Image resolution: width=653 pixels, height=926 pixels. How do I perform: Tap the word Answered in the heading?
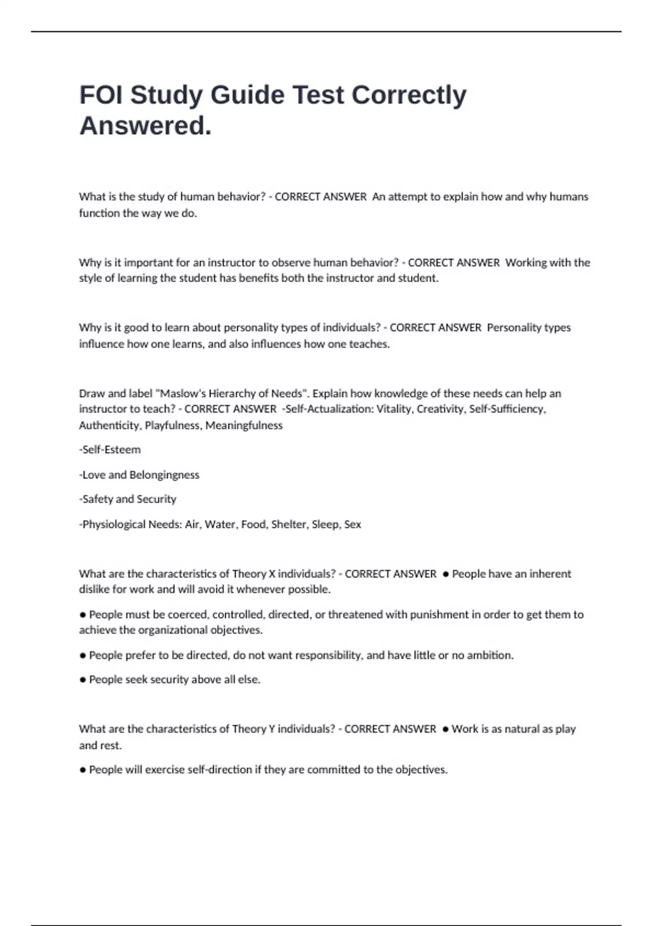[145, 126]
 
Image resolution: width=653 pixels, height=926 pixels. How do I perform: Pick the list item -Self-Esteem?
[110, 450]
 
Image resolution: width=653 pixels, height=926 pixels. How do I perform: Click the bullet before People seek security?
[83, 680]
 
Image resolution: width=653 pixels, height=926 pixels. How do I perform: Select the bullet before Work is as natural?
[446, 729]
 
